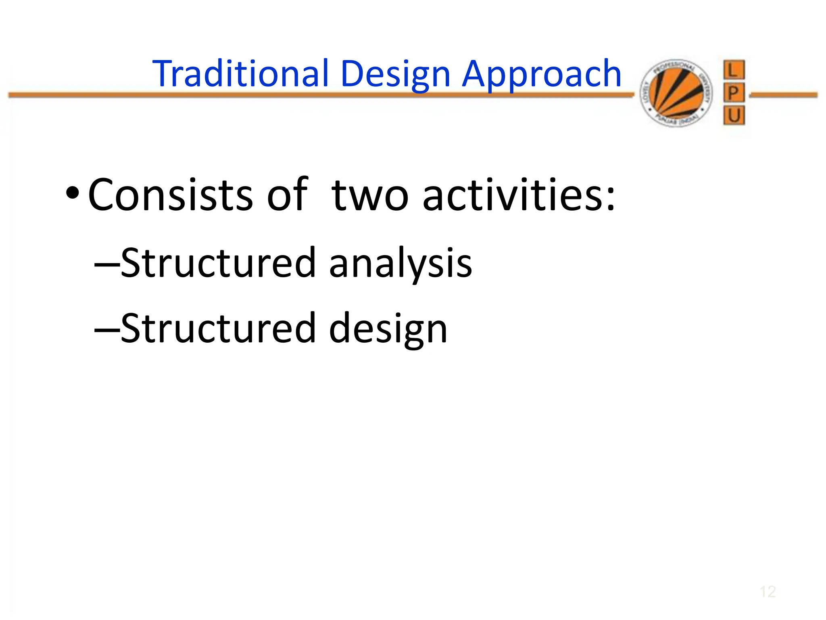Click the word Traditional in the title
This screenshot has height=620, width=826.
click(x=241, y=73)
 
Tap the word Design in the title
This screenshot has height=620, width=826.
click(x=395, y=74)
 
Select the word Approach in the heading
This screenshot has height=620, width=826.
click(x=541, y=74)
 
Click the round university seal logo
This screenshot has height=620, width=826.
click(x=676, y=93)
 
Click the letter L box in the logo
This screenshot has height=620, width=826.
click(x=734, y=70)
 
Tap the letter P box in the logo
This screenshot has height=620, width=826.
click(x=734, y=93)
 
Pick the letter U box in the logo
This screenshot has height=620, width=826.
click(x=734, y=116)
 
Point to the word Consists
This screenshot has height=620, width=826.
click(x=170, y=195)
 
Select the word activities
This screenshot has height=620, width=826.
click(x=518, y=195)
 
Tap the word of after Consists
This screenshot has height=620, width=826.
click(x=287, y=195)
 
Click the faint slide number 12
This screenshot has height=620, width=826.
click(x=768, y=592)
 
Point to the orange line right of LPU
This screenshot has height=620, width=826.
click(x=783, y=95)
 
